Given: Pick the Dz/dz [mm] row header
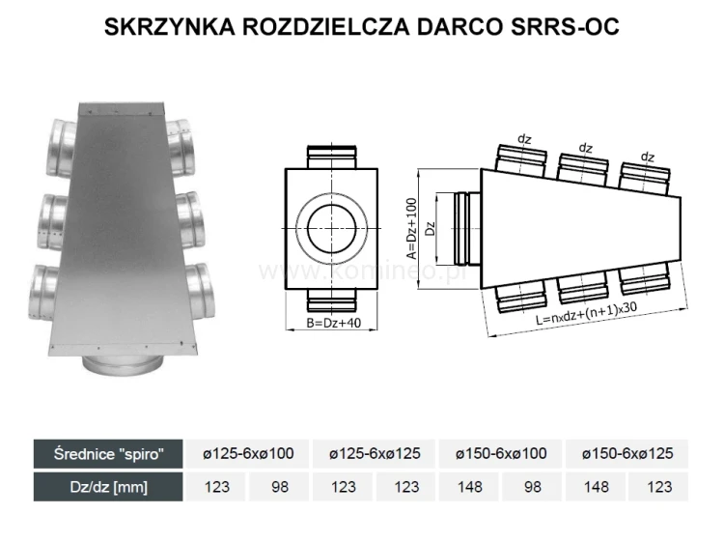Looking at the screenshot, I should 108,487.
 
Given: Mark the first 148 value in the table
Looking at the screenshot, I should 469,487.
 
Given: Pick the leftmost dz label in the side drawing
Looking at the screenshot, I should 525,139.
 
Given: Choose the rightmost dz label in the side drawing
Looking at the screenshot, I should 648,156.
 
